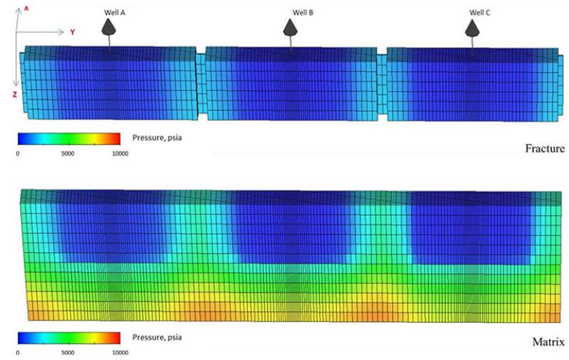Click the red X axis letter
(26, 7)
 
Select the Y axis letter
(73, 32)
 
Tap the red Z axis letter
(15, 93)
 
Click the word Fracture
(544, 149)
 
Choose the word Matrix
(548, 342)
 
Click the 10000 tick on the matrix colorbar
(119, 351)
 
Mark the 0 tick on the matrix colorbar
(18, 351)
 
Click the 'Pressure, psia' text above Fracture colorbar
(158, 137)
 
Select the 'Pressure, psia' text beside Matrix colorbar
(158, 336)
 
